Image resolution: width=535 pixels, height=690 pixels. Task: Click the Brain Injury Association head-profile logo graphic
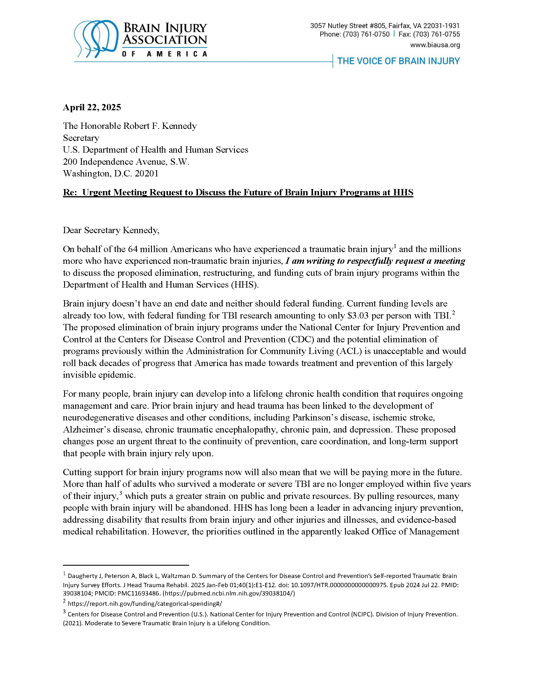(96, 39)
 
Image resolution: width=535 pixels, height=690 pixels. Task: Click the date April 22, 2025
(92, 107)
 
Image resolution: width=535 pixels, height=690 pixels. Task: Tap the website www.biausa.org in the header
(435, 45)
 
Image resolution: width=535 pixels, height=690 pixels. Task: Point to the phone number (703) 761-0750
(366, 34)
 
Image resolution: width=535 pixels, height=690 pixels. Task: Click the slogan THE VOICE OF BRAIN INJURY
(398, 61)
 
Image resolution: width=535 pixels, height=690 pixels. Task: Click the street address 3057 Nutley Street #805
(348, 26)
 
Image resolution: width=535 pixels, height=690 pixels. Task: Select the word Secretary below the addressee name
(81, 138)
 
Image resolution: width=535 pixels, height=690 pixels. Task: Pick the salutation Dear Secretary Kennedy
(111, 230)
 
